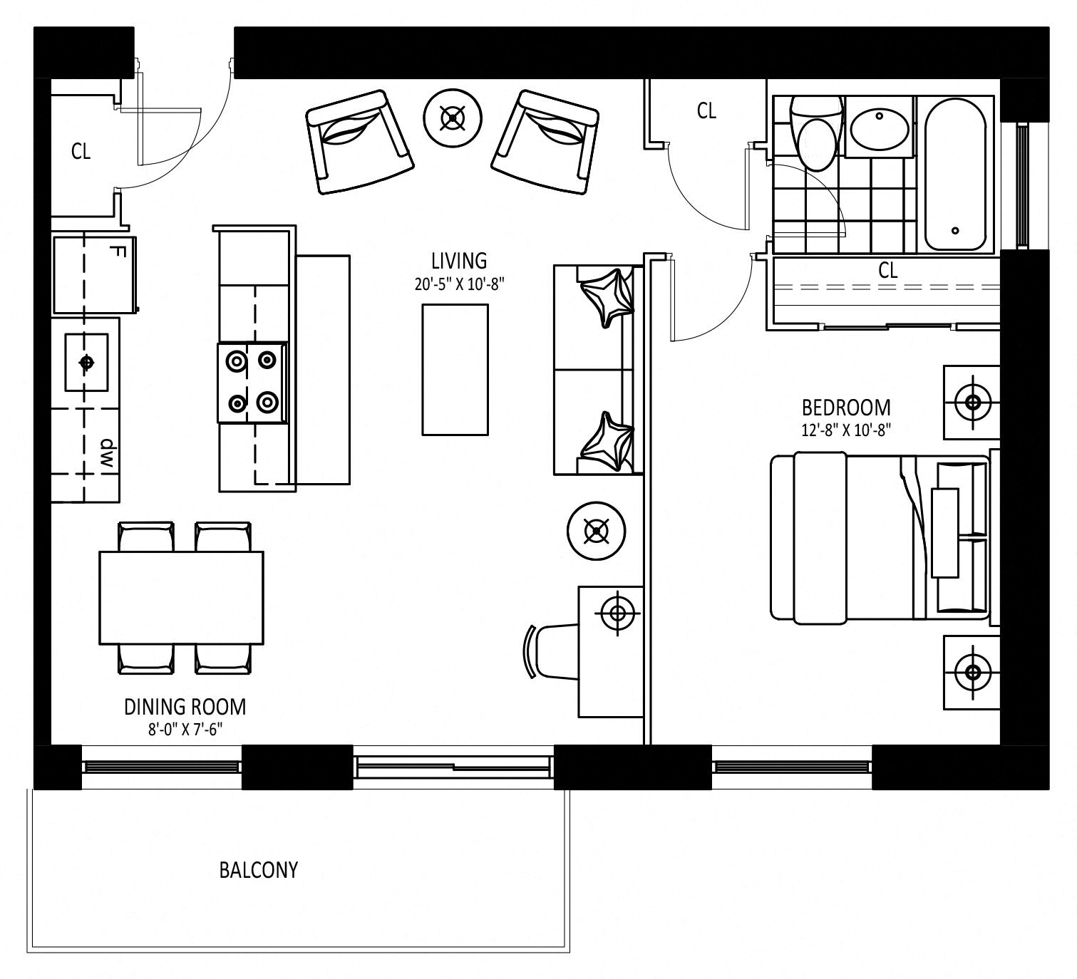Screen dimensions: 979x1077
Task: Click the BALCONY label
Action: [x=258, y=870]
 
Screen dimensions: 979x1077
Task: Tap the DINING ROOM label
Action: [x=185, y=707]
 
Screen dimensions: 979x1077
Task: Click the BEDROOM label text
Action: [x=846, y=408]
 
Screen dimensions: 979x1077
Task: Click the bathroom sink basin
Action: [x=880, y=128]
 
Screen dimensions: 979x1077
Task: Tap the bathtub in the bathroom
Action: [x=955, y=175]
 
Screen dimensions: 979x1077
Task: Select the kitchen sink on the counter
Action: [x=87, y=363]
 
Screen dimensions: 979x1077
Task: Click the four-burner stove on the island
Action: [x=252, y=383]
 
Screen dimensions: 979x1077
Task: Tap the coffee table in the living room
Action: [x=455, y=369]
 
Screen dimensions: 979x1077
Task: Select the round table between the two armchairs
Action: [x=452, y=118]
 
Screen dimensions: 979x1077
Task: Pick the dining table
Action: [x=181, y=598]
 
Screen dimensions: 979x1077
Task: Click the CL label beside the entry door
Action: [x=81, y=152]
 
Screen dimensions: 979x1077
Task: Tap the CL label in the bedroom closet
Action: [x=887, y=271]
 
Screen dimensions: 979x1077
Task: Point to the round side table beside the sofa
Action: [x=596, y=531]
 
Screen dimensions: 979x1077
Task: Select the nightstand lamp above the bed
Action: [x=972, y=402]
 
